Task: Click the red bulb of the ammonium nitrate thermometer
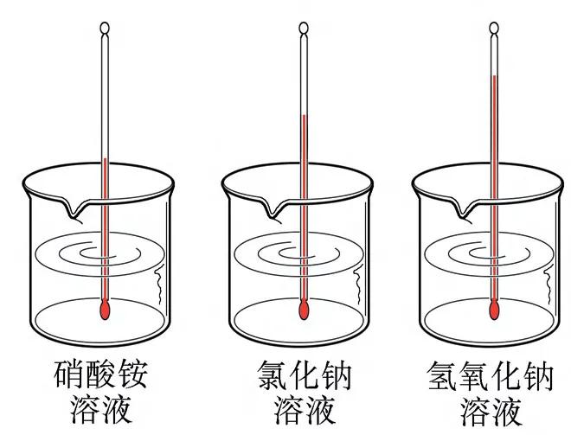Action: [106, 309]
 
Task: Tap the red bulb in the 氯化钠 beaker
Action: [304, 309]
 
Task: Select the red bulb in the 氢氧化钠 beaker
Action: [495, 309]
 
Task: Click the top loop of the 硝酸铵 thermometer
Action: [106, 28]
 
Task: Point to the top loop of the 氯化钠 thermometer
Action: [304, 28]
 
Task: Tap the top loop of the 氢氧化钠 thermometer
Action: [495, 28]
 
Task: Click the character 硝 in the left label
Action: [70, 374]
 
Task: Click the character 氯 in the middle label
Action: [272, 374]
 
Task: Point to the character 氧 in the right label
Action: [478, 374]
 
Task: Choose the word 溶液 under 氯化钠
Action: [303, 408]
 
